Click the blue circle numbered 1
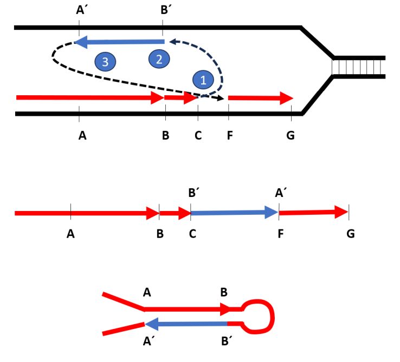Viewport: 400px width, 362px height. pyautogui.click(x=203, y=80)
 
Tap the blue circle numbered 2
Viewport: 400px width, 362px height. pyautogui.click(x=159, y=59)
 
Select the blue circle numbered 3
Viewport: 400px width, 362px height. pyautogui.click(x=105, y=62)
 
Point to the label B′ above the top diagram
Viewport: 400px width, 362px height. pyautogui.click(x=163, y=10)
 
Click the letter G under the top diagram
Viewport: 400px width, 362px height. pyautogui.click(x=291, y=135)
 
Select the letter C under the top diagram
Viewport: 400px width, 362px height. pyautogui.click(x=198, y=135)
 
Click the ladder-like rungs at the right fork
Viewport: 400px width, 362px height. pyautogui.click(x=358, y=67)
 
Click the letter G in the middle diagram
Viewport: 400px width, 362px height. pyautogui.click(x=350, y=234)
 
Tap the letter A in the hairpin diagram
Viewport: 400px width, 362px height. pyautogui.click(x=147, y=293)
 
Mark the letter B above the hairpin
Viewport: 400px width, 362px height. pyautogui.click(x=223, y=293)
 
